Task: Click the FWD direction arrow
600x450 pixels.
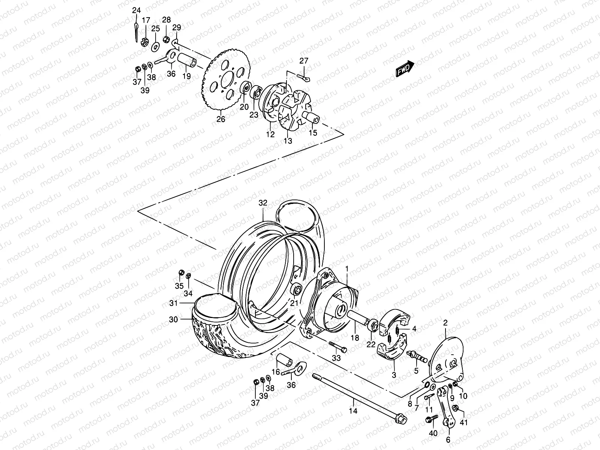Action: pos(410,69)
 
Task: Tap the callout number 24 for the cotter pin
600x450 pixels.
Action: pos(136,10)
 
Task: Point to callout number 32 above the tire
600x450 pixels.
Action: pos(263,203)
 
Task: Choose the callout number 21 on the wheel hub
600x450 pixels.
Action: pos(294,303)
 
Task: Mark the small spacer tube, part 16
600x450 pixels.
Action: pos(284,361)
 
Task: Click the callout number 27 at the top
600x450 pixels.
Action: pos(303,61)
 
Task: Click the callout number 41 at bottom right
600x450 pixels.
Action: pos(463,423)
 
